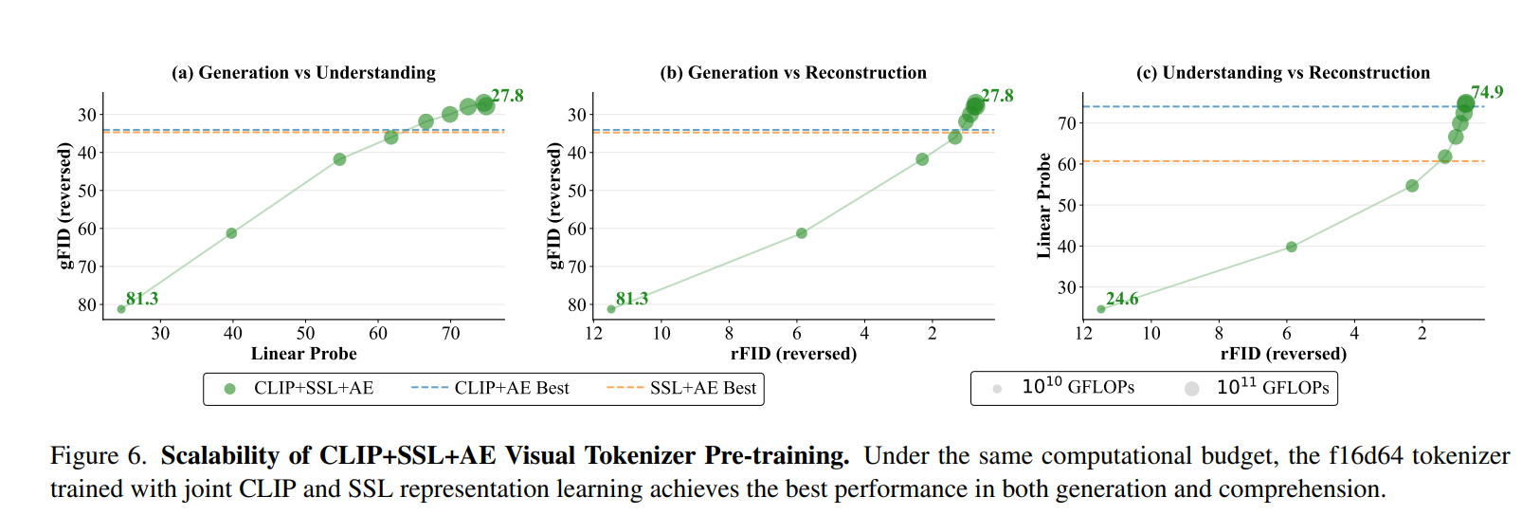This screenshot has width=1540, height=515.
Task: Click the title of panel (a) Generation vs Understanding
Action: pos(303,73)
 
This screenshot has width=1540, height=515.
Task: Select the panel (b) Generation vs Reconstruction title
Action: pos(793,73)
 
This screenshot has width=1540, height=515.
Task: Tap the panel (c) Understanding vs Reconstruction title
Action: pos(1283,73)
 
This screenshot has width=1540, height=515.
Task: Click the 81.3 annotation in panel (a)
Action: pos(142,299)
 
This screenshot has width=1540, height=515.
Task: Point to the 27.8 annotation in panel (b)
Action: pos(997,96)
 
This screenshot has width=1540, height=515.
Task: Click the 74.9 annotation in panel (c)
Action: pos(1487,92)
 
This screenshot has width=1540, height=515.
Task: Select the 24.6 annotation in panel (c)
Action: pos(1122,299)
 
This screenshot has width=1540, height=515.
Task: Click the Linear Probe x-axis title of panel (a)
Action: pos(303,354)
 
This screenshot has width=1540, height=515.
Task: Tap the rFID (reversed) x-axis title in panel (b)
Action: pos(793,354)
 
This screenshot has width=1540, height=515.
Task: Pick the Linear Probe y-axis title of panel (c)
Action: pos(1044,205)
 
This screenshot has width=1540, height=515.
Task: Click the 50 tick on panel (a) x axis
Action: pos(305,333)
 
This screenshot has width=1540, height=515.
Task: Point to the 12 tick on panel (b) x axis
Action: pos(594,333)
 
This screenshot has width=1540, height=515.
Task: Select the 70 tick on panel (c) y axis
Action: pos(1067,123)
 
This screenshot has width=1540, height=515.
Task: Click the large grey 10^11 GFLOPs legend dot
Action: pos(1192,388)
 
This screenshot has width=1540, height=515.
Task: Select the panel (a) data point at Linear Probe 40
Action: pos(231,233)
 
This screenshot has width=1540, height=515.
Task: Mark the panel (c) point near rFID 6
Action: pos(1291,247)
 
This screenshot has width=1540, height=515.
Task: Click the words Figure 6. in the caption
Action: pos(99,456)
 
